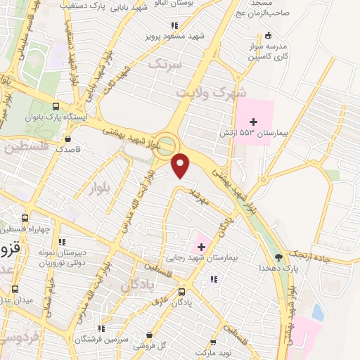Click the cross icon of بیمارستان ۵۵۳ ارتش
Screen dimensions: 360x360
click(254, 122)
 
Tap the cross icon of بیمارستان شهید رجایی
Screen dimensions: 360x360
click(202, 246)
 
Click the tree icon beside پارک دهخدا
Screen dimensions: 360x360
click(278, 257)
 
